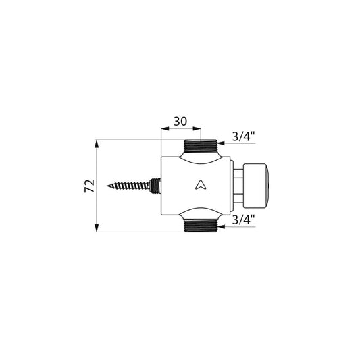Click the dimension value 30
point(180,122)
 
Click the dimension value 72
point(90,186)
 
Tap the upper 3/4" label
point(244,137)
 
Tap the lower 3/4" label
point(244,220)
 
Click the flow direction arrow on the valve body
point(200,185)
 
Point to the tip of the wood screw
point(107,186)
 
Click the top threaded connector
point(201,146)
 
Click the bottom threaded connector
point(201,226)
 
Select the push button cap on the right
point(255,186)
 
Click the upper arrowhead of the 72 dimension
point(97,144)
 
